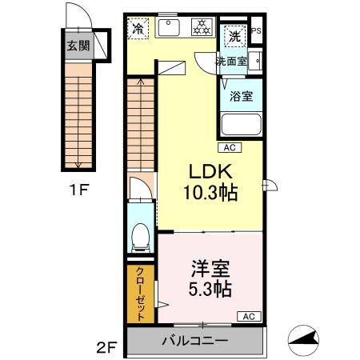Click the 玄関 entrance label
(78, 46)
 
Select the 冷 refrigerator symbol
(138, 28)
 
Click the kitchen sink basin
(170, 29)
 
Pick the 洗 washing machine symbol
(234, 36)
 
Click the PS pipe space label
(256, 31)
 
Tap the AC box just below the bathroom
(229, 148)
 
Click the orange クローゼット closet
(140, 293)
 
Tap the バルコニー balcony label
(196, 341)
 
